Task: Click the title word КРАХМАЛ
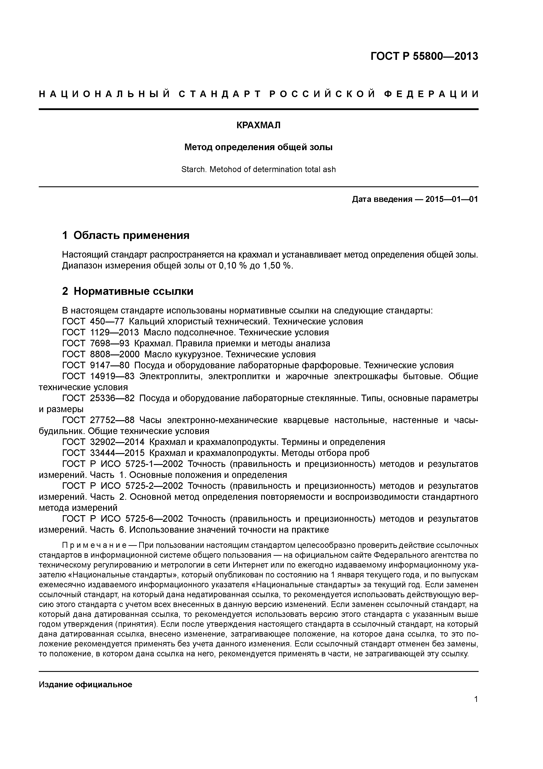(x=258, y=125)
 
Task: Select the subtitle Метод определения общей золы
(x=258, y=147)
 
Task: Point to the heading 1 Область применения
(x=126, y=235)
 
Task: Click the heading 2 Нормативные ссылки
(x=128, y=291)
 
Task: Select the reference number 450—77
(x=107, y=322)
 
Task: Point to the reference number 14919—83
(x=112, y=376)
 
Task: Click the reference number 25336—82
(x=112, y=399)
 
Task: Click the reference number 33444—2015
(x=117, y=453)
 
